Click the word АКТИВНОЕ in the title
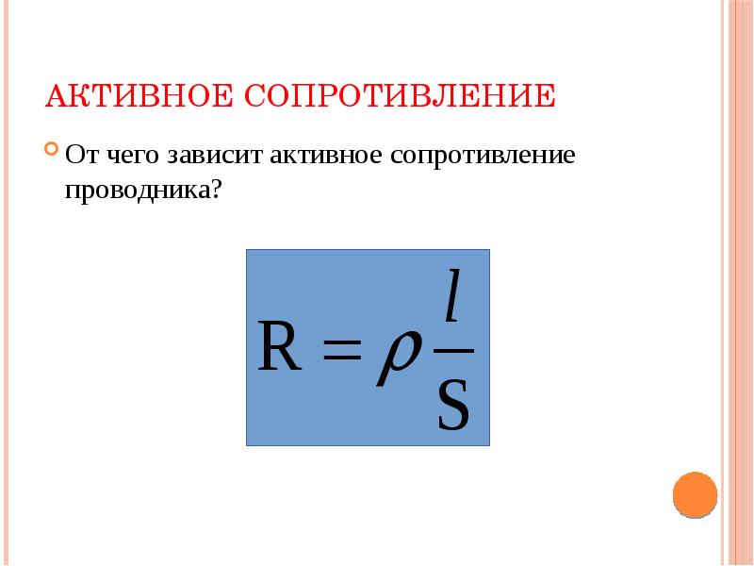coord(139,96)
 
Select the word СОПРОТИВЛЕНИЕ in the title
coord(401,96)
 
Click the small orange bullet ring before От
coord(50,150)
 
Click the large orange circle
coord(696,493)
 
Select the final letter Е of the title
coord(546,96)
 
